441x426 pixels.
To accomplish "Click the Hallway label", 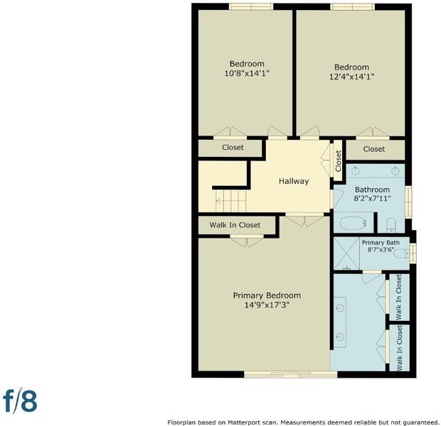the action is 294,182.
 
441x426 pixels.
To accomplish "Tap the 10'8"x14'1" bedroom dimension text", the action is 247,74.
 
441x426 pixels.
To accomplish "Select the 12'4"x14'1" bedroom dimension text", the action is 351,77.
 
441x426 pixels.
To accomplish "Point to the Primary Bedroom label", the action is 267,295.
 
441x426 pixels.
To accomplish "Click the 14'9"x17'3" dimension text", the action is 267,305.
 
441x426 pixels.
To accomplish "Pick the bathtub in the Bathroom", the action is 353,224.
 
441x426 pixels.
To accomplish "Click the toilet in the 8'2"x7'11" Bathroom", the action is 391,225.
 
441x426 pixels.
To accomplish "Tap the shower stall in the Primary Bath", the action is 347,253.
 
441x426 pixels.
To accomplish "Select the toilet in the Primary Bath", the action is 402,254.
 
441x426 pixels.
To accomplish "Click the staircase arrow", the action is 231,201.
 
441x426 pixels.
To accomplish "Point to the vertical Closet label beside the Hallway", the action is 338,161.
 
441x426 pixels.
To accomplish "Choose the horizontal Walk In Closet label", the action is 235,225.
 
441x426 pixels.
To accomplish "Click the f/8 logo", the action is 20,401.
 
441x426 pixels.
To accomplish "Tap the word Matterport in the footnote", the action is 240,422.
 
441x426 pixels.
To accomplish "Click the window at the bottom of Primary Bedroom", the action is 290,374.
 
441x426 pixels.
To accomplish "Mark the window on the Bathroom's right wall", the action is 408,202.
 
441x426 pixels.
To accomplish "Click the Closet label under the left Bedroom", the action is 233,148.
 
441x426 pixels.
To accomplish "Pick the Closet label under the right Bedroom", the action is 373,149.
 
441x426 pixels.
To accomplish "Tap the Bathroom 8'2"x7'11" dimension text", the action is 373,199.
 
